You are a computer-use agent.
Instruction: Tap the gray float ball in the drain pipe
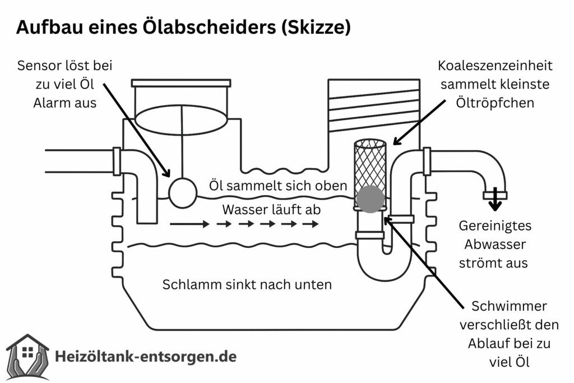click(370, 199)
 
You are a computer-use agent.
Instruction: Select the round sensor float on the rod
click(182, 192)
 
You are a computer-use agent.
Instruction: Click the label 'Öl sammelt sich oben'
click(279, 185)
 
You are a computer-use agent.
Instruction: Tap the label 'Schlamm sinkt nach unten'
click(247, 284)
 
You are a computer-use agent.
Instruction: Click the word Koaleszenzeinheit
click(496, 66)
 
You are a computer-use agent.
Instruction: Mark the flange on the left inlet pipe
click(117, 161)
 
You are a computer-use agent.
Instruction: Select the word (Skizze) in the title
click(318, 26)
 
